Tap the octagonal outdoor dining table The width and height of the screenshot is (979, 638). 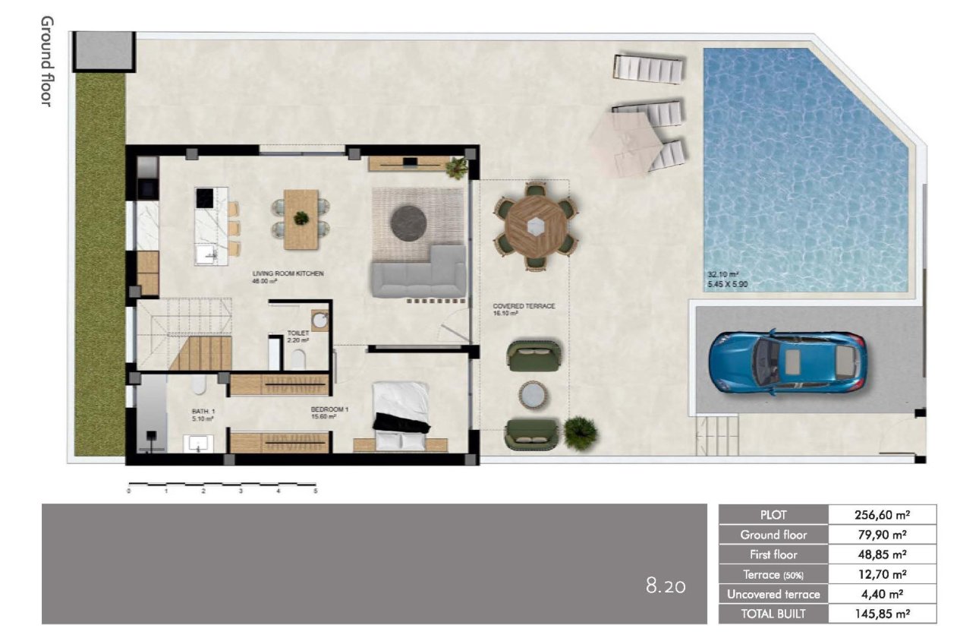(537, 226)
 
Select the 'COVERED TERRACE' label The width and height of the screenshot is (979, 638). (524, 306)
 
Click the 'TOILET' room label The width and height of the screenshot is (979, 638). (297, 333)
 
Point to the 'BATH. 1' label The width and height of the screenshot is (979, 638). (203, 411)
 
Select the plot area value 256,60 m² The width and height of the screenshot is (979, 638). (882, 514)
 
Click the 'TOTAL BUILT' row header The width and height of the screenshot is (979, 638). (773, 614)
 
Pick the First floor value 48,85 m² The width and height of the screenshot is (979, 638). (882, 554)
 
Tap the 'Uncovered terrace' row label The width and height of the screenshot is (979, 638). (773, 594)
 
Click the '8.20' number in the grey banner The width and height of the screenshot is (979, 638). (666, 586)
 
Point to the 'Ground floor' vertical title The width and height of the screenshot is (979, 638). (47, 61)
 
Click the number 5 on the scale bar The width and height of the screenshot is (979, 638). (315, 491)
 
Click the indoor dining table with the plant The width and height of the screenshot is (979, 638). (301, 219)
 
